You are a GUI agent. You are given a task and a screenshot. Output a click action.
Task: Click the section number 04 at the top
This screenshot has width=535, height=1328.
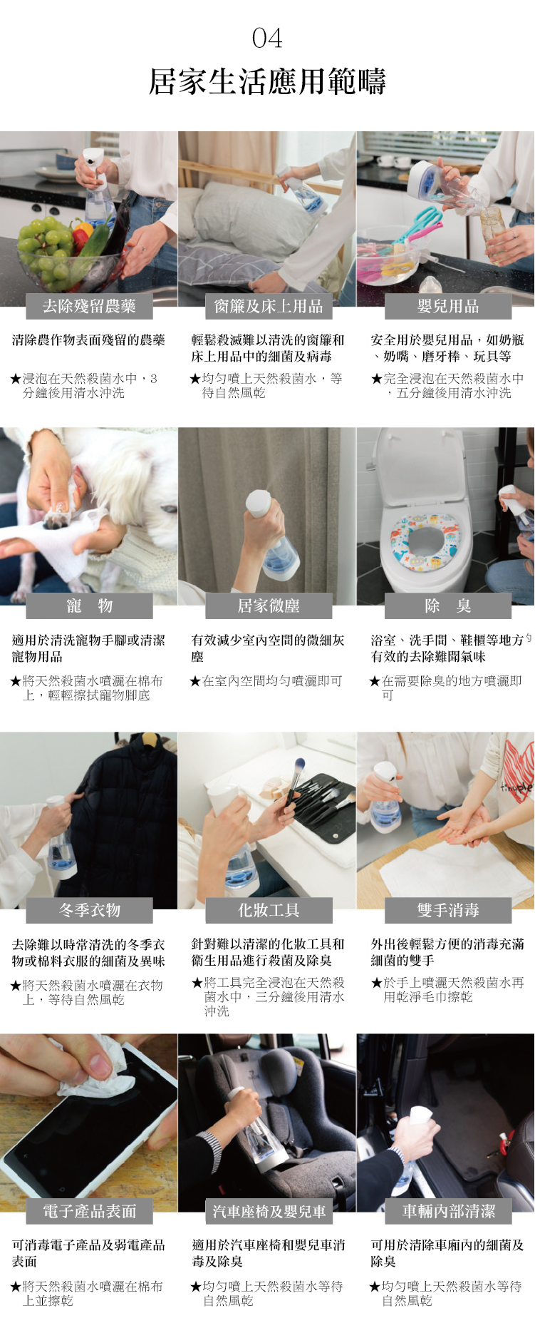click(x=267, y=38)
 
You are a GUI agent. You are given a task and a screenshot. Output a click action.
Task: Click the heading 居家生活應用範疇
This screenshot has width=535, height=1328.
click(x=267, y=81)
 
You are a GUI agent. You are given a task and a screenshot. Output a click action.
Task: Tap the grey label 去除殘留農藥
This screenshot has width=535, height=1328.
click(x=90, y=306)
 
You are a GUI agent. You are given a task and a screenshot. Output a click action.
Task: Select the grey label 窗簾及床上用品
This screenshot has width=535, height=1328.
click(x=269, y=306)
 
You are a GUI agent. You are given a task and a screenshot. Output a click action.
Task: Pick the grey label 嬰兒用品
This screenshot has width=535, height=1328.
click(x=448, y=306)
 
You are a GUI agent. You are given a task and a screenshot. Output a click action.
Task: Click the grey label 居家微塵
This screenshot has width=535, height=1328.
click(x=269, y=606)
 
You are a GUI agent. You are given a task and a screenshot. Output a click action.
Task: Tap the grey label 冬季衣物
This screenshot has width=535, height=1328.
click(x=90, y=910)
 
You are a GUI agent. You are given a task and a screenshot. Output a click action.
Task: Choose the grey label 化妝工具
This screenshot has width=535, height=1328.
click(x=269, y=910)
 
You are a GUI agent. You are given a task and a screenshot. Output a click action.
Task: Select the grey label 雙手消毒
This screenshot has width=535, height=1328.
click(x=448, y=910)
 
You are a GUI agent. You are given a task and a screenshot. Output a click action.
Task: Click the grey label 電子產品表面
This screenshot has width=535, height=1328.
click(x=90, y=1210)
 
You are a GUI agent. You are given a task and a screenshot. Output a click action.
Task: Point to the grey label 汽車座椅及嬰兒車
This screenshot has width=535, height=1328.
click(x=269, y=1210)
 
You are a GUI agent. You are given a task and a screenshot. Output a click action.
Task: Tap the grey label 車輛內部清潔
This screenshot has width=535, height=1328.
click(x=448, y=1210)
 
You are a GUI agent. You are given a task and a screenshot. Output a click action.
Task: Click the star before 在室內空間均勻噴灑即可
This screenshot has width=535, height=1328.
click(x=195, y=682)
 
